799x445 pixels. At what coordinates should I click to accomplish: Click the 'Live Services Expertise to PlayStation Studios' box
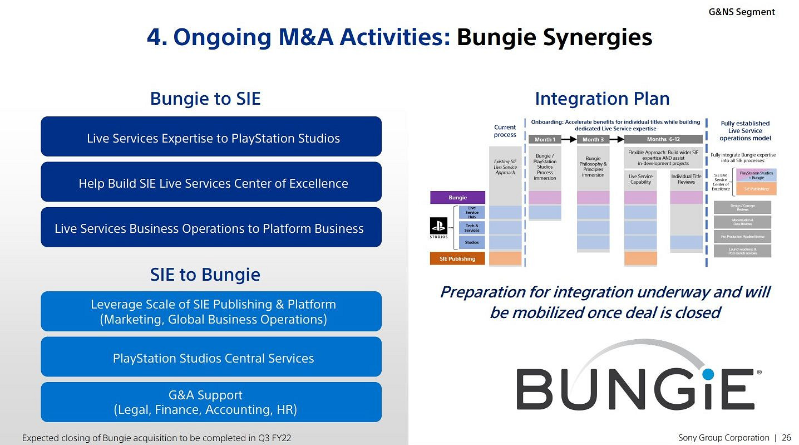pos(211,137)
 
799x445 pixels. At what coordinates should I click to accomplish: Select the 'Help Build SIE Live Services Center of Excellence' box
pos(211,182)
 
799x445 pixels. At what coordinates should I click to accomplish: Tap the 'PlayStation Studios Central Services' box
pos(211,357)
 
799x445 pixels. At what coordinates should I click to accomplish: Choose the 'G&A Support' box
pos(211,402)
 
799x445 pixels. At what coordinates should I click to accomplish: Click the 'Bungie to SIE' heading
pos(205,99)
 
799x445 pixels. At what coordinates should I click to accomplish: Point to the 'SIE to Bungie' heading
pos(205,275)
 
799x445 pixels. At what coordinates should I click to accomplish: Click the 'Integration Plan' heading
pos(601,99)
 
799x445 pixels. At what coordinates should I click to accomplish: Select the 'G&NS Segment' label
pos(741,12)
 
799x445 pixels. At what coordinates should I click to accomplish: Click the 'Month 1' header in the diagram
pos(545,139)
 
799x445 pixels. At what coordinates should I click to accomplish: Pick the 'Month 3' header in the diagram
pos(593,139)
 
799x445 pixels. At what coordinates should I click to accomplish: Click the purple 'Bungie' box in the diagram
pos(457,197)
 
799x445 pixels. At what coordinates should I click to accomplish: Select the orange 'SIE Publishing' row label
pos(457,258)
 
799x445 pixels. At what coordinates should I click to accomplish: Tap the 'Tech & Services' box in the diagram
pos(471,227)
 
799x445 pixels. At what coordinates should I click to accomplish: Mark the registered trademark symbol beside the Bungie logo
pos(759,372)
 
